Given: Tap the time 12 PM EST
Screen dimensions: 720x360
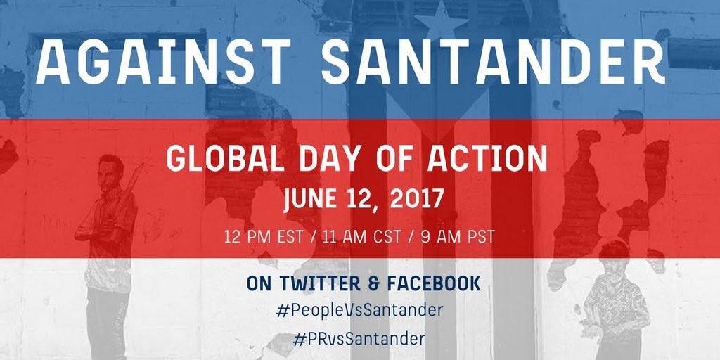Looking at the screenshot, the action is (x=264, y=237).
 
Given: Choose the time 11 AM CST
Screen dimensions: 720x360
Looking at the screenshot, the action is (x=361, y=237).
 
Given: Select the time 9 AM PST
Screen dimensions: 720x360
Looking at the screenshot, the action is (x=457, y=237).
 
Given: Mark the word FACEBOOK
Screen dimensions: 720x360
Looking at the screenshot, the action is (x=433, y=283).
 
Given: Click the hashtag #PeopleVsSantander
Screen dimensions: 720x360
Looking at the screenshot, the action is (x=360, y=310).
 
